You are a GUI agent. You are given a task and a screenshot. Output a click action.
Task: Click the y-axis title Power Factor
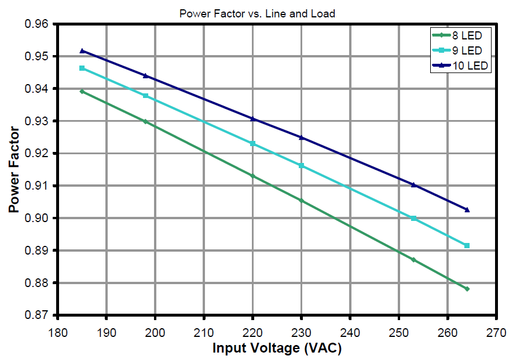[14, 170]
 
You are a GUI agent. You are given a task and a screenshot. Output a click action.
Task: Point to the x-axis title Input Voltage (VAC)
[277, 349]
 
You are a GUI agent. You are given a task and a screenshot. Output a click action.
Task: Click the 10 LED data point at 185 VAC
[82, 51]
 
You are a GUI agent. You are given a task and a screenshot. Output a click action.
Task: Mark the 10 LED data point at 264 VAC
[467, 210]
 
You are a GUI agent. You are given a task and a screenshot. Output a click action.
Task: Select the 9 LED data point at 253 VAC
[413, 219]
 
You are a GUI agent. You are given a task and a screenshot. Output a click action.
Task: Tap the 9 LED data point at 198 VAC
[145, 96]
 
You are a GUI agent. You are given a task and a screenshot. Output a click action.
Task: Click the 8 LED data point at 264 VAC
[467, 289]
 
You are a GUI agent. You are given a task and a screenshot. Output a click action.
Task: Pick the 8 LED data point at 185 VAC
[82, 92]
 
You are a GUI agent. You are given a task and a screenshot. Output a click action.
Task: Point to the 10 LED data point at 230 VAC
[301, 137]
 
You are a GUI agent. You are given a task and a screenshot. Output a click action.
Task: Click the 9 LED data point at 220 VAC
[252, 143]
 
